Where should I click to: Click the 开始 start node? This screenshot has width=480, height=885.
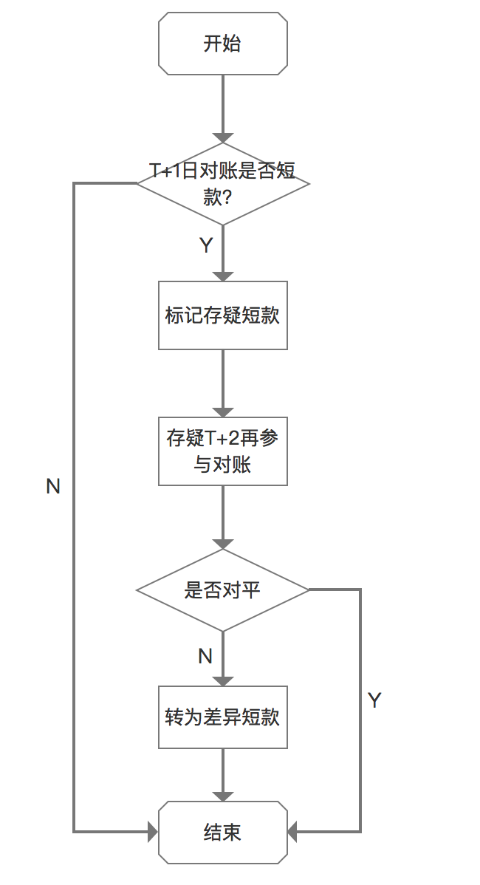click(222, 44)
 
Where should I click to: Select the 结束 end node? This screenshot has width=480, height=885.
click(222, 833)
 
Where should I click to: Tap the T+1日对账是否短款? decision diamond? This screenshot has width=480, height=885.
click(222, 183)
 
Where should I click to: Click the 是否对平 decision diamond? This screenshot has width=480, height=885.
click(222, 590)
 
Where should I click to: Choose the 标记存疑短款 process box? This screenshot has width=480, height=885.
click(222, 315)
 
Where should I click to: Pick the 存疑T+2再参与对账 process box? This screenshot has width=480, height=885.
click(222, 451)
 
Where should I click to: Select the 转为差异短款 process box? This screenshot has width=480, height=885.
click(222, 717)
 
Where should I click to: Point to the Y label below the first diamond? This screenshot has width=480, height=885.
click(206, 246)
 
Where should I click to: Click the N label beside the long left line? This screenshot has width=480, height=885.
click(53, 487)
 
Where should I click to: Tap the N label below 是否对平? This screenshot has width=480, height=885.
click(205, 656)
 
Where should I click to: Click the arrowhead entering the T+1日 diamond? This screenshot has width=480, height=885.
click(222, 137)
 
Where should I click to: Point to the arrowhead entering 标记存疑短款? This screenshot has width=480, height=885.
click(222, 276)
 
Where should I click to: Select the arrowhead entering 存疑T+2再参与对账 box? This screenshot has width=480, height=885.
click(222, 412)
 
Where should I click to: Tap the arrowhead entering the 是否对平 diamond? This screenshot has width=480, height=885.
click(222, 544)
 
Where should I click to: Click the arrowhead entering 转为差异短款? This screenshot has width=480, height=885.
click(222, 680)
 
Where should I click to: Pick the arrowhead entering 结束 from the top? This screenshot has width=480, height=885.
click(222, 796)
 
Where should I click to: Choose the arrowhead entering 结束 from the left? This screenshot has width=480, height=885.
click(153, 833)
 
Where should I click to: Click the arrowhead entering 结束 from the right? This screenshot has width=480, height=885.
click(292, 833)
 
